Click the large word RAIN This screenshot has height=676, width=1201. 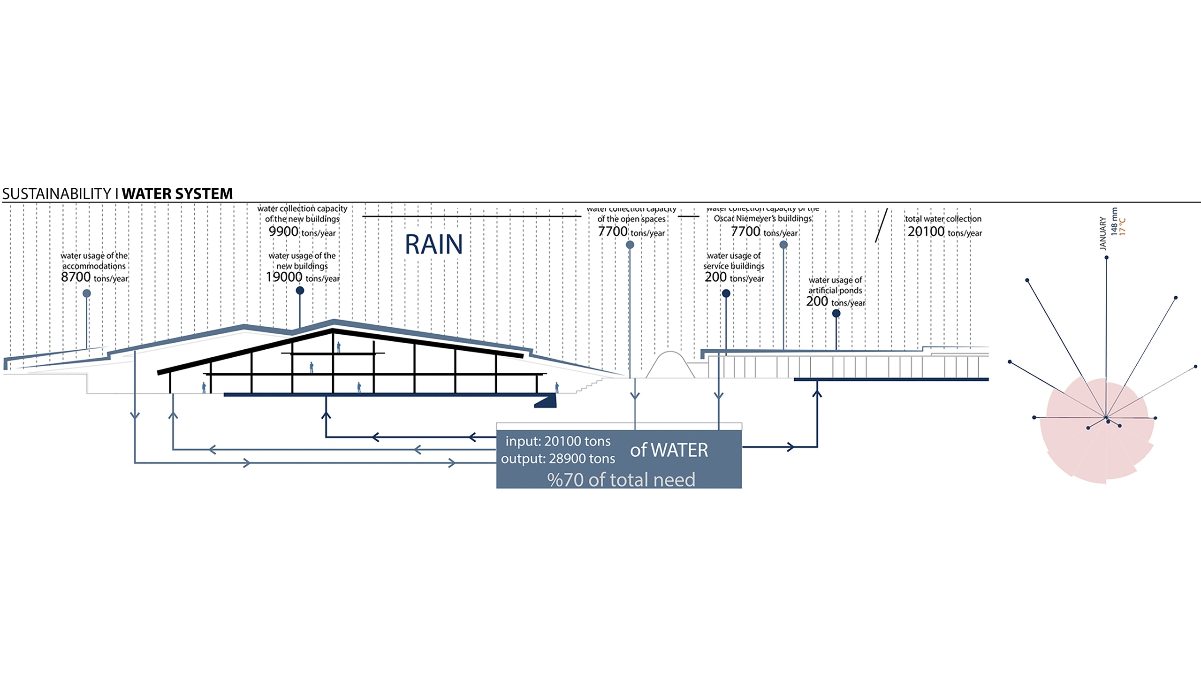pos(433,245)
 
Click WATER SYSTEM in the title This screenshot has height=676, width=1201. pos(177,193)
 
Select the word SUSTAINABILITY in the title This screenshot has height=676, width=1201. pos(56,193)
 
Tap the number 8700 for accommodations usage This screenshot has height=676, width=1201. pos(76,277)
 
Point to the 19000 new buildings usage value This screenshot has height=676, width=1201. pos(284,277)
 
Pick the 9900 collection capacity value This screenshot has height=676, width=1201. pos(283,231)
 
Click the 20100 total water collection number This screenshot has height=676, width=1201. pos(926,231)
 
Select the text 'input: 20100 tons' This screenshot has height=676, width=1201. pos(558,441)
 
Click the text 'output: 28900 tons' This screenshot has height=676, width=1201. pos(558,458)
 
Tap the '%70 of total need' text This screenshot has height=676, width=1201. pos(621,479)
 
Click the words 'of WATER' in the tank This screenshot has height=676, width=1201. pos(669,450)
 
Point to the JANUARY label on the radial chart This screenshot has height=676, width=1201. pos(1103,233)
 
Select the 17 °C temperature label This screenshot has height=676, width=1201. pos(1122,226)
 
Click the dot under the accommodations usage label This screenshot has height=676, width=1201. pos(87,293)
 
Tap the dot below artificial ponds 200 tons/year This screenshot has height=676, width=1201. pos(836,314)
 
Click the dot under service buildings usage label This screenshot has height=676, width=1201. pos(726,293)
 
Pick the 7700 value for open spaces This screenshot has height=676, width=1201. pos(613,231)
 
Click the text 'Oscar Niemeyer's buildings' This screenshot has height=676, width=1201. pos(762,218)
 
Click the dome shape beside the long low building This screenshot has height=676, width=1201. pos(670,365)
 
